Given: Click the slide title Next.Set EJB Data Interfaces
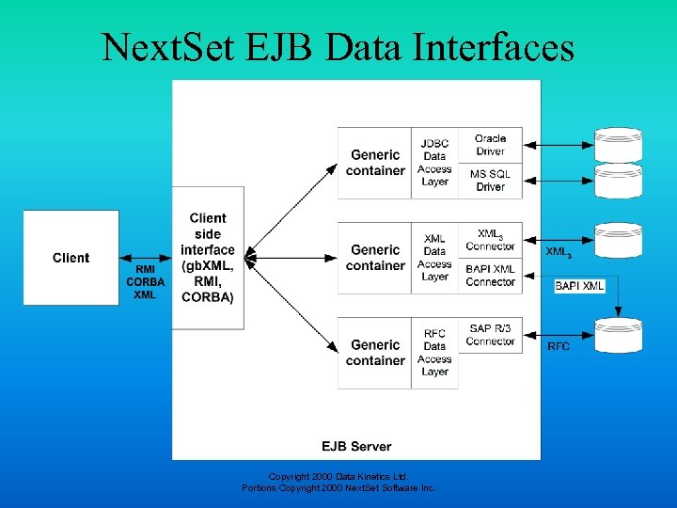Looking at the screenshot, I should pyautogui.click(x=338, y=45).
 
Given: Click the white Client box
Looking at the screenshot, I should pyautogui.click(x=71, y=258).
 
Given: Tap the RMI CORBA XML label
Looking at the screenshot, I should pyautogui.click(x=145, y=281).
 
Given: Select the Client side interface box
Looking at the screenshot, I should pyautogui.click(x=208, y=258).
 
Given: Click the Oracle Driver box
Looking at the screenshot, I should pyautogui.click(x=490, y=145).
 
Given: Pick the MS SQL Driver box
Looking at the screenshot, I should pyautogui.click(x=490, y=181).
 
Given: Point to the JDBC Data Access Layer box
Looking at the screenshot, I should pyautogui.click(x=434, y=162).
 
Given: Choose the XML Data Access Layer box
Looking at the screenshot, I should pyautogui.click(x=434, y=258).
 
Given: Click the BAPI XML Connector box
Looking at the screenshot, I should pyautogui.click(x=490, y=275).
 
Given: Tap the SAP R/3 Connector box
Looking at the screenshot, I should pyautogui.click(x=490, y=335).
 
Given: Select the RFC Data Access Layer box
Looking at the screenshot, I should pyautogui.click(x=434, y=353).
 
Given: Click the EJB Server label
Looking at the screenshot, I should pyautogui.click(x=356, y=446).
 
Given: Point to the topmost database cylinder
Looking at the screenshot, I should pyautogui.click(x=619, y=144).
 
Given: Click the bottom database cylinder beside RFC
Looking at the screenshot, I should pyautogui.click(x=619, y=335).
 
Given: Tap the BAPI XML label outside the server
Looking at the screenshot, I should pyautogui.click(x=579, y=285).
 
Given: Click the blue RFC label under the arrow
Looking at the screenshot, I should pyautogui.click(x=559, y=346).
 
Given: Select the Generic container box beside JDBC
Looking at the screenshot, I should pyautogui.click(x=375, y=162).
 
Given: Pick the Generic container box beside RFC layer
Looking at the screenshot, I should pyautogui.click(x=375, y=353).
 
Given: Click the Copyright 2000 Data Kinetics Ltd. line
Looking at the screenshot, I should pyautogui.click(x=338, y=476).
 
